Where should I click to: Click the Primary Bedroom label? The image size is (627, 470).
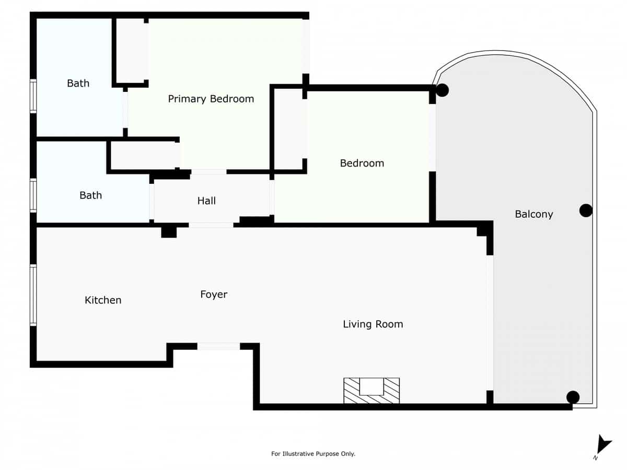[211, 99]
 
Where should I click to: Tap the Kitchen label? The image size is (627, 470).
[103, 300]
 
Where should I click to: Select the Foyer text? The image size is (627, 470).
[214, 295]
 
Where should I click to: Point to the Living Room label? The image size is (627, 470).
[373, 324]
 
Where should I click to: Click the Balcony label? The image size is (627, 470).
[533, 214]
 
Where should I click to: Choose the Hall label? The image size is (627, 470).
[206, 201]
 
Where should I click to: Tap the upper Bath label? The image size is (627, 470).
[78, 83]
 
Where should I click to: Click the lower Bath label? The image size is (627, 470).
[90, 195]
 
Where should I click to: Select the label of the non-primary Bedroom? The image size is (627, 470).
[362, 163]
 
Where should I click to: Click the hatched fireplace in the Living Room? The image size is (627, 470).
[371, 390]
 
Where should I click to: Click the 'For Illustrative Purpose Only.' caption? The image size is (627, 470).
[313, 454]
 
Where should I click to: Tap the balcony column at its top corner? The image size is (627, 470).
[443, 90]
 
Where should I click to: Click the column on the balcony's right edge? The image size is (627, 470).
[586, 210]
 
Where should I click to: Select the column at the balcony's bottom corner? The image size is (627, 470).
[573, 397]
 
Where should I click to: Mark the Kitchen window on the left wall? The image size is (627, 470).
[33, 295]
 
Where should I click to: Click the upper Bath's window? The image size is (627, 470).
[33, 96]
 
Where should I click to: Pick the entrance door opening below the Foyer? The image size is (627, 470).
[218, 346]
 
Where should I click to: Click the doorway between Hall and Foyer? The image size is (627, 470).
[211, 225]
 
